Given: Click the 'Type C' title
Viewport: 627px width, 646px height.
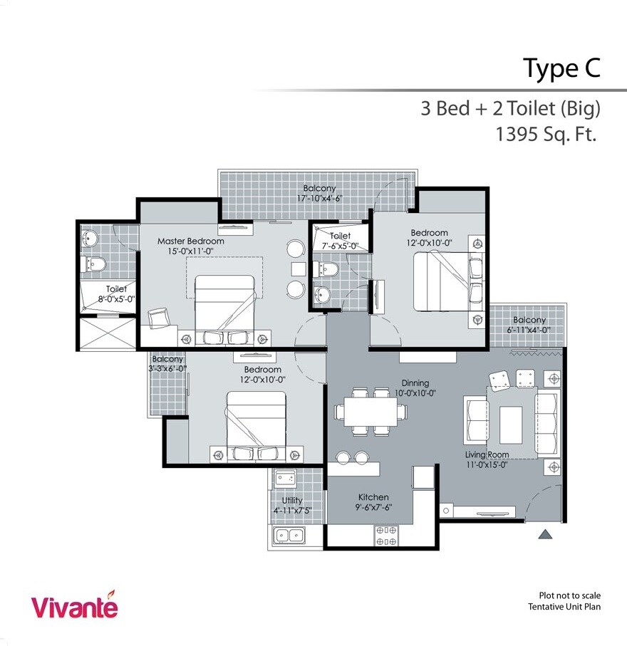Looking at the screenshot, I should (x=561, y=68).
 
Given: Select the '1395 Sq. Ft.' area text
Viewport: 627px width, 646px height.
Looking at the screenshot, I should (x=547, y=135).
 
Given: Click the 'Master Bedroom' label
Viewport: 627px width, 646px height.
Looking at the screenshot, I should (x=190, y=241).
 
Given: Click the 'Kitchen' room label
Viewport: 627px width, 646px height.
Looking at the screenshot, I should (x=373, y=497).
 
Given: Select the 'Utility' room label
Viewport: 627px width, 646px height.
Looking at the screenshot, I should (x=292, y=501).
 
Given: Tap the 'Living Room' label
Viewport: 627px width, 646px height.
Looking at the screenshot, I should (x=487, y=454).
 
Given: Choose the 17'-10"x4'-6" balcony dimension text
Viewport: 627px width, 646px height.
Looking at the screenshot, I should (x=319, y=199).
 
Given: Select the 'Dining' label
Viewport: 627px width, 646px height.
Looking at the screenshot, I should (x=415, y=382).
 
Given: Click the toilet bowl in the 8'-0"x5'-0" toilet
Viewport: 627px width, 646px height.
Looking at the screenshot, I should (x=95, y=264).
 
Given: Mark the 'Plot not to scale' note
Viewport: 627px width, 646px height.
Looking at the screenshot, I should (x=569, y=595).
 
